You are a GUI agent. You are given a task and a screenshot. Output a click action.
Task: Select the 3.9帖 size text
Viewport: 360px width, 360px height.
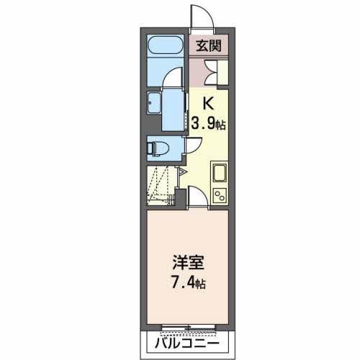click(208, 123)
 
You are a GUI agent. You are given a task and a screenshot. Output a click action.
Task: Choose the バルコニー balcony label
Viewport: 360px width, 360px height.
click(186, 343)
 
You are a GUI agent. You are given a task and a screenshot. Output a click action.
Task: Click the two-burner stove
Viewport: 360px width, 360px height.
click(219, 194)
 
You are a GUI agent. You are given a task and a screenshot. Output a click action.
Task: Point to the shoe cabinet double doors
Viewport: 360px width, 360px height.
click(215, 69)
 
